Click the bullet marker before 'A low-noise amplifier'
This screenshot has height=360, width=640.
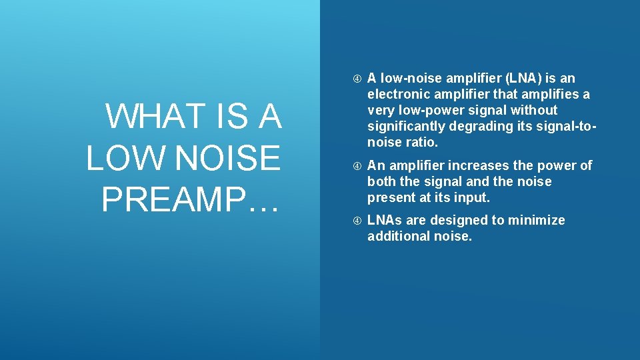357,78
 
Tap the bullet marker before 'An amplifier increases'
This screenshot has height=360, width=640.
357,166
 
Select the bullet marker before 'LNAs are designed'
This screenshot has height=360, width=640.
357,221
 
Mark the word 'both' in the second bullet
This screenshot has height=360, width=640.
381,181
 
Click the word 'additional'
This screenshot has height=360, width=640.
396,236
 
